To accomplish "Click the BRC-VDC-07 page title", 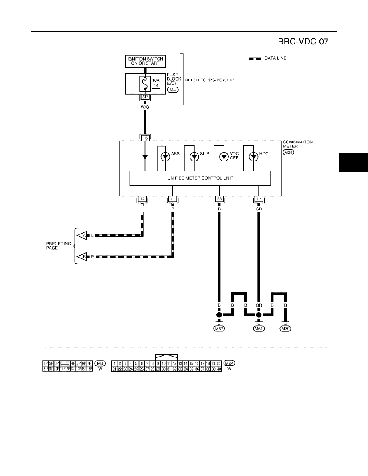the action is tap(303, 42).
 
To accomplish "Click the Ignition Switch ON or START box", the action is tap(145, 61).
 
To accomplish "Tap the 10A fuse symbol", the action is tap(145, 83).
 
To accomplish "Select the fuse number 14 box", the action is tap(156, 86).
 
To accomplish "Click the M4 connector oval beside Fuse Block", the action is tap(173, 90).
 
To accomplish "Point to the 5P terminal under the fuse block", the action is tap(145, 97).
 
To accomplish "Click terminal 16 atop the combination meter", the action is tap(145, 138).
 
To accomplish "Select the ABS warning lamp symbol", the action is tap(165, 157).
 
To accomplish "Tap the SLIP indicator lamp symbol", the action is tap(194, 157).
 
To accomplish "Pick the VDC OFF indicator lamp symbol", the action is tap(224, 157).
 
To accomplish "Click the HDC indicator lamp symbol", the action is tap(253, 157).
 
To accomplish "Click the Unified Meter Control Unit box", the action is tap(200, 178).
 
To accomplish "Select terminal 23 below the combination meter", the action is tap(220, 199).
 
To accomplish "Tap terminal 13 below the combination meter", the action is tap(259, 199).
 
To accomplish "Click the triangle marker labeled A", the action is tap(82, 235).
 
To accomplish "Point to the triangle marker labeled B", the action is tap(82, 256).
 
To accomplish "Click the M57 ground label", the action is tap(219, 329).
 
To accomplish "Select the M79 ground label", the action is tap(285, 329).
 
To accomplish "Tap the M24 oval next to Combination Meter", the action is tap(289, 152).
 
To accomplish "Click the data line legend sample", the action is tap(255, 58).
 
